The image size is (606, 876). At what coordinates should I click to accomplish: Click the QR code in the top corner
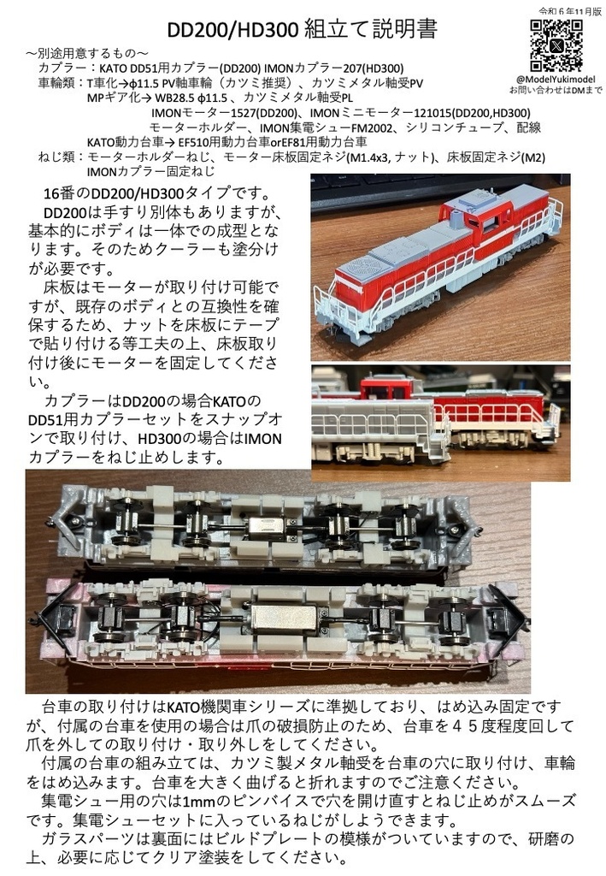pos(556,44)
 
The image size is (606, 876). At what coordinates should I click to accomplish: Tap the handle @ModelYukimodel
pos(556,79)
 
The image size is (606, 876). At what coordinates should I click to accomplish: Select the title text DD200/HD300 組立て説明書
pos(303,31)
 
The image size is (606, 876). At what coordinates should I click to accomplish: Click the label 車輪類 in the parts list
pos(56,84)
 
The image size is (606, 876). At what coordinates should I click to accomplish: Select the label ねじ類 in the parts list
pos(56,157)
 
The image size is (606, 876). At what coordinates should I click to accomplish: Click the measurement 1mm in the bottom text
pos(190,800)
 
